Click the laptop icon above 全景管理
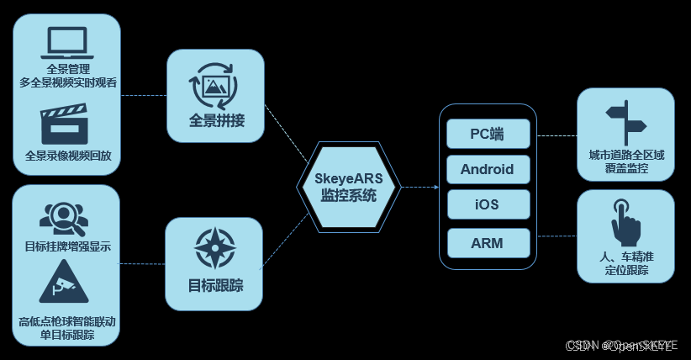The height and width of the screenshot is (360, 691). pos(67,43)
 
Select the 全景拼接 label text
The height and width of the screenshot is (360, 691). pos(216,120)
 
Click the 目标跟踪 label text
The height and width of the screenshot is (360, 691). pos(216,285)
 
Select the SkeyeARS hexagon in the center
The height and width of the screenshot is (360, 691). pos(349,187)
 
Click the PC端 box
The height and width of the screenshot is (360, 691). pos(487,134)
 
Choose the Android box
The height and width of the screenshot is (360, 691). pos(487,169)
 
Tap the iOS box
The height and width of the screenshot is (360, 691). pos(487,204)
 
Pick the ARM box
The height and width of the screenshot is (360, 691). pos(487,243)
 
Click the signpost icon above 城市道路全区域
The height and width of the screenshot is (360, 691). pos(626,124)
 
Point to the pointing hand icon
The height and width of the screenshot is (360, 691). pos(626,221)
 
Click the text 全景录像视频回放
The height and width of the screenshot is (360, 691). pos(68,156)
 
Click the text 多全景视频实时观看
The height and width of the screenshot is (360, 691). pos(68,82)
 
